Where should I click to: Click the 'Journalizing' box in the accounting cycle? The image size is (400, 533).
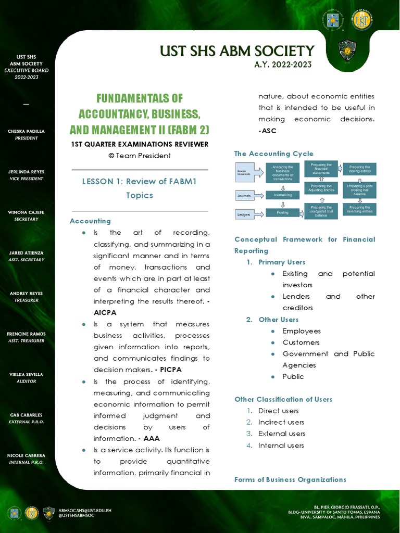coord(282,195)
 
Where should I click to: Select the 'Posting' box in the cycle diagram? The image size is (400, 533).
coord(282,213)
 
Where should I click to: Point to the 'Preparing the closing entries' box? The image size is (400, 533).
coord(359,169)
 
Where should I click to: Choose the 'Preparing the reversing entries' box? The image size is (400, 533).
coord(359,209)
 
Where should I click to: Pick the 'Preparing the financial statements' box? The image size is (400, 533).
coord(321,169)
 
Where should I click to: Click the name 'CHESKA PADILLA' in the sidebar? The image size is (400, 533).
coord(26,131)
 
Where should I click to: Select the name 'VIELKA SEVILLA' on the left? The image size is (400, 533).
coord(26,374)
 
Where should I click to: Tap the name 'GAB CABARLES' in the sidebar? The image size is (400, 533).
coord(26,415)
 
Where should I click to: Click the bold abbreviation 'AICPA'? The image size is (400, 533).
coord(105,312)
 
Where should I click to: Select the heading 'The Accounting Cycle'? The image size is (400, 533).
coord(274,154)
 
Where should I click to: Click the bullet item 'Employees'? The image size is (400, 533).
coord(302,331)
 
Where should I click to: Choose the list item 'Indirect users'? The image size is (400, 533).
coord(281,422)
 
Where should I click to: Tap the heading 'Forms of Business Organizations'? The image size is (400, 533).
coord(290,479)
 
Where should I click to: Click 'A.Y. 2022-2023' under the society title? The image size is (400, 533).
coord(283,65)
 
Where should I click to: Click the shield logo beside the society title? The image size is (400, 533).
coord(347,50)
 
